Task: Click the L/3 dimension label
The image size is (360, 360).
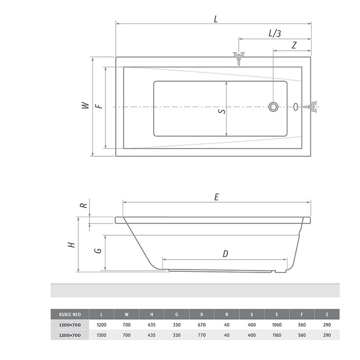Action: [275, 33]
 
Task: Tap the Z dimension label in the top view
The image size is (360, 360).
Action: [294, 46]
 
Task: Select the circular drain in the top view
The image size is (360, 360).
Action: [273, 107]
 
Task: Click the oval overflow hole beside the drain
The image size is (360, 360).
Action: [295, 107]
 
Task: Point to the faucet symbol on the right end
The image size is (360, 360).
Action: [311, 107]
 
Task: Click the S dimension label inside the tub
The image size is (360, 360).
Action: [222, 111]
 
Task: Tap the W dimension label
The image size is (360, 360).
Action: [85, 105]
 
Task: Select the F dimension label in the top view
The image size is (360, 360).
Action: [99, 106]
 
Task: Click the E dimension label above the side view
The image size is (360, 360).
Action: [217, 197]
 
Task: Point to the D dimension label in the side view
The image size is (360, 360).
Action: [225, 254]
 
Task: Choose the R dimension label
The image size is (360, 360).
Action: [84, 205]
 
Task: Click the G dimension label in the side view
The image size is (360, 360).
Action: [98, 250]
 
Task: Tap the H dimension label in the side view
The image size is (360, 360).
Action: [71, 245]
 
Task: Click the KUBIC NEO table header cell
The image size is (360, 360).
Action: [70, 314]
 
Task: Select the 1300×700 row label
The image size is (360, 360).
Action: [70, 335]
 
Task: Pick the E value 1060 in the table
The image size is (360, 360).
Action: [276, 325]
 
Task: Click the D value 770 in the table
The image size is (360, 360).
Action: [202, 335]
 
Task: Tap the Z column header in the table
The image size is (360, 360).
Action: [327, 314]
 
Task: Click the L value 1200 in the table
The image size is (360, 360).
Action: [101, 325]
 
